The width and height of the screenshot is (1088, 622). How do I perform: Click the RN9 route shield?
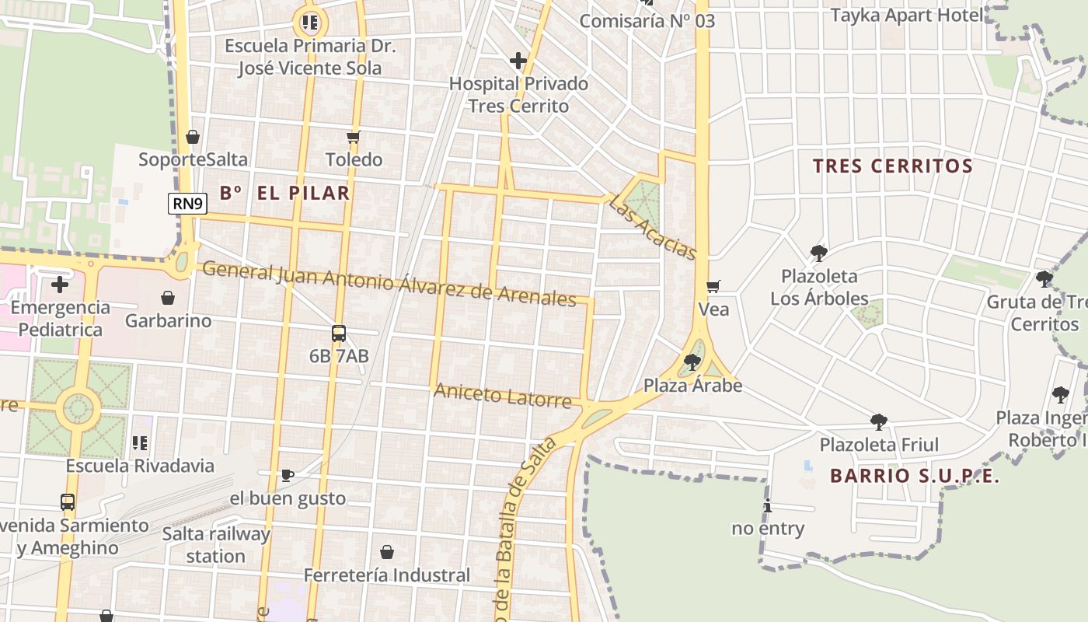187,204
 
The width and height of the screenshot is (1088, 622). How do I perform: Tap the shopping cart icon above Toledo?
354,138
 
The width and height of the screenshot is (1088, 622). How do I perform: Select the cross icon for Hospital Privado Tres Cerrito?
518,61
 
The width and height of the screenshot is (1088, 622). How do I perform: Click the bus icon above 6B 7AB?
339,334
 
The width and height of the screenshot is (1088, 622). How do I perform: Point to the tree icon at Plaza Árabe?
692,362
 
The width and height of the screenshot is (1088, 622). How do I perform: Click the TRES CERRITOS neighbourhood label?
893,166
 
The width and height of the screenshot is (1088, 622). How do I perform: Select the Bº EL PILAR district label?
284,193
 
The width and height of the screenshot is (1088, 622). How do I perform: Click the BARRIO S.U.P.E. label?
915,476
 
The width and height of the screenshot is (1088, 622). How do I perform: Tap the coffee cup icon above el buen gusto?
287,474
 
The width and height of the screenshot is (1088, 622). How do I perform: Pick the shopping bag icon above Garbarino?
168,298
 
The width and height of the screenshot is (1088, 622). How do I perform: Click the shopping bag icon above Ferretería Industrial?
387,552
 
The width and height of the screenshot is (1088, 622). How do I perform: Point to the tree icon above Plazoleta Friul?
879,422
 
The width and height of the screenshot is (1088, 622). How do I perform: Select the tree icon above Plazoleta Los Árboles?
818,253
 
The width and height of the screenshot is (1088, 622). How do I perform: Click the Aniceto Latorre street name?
502,396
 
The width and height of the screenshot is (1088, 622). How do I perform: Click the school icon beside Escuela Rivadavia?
140,443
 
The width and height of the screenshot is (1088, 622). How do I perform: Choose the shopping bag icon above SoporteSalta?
193,138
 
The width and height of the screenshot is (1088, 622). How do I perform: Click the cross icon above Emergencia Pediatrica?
60,285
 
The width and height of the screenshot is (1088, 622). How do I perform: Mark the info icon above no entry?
768,506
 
